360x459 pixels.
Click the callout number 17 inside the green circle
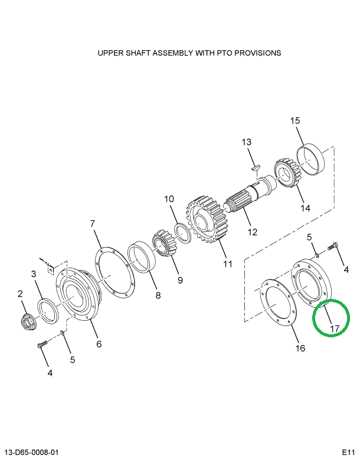334,328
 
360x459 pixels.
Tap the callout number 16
300,348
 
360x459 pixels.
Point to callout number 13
246,142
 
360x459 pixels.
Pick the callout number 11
228,263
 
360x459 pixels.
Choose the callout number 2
21,294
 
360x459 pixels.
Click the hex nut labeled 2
27,322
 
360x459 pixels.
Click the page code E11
349,453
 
